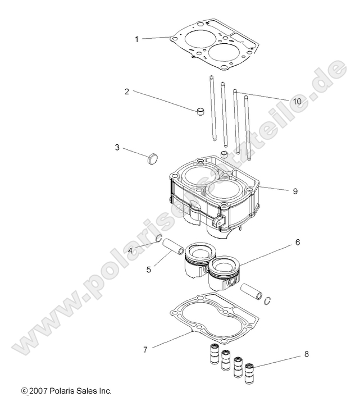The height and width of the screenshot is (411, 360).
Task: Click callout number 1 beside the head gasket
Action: point(136,39)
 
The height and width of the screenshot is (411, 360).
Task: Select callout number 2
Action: point(127,92)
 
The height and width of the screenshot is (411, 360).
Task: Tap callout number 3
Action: point(117,148)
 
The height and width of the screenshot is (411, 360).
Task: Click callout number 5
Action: point(149,269)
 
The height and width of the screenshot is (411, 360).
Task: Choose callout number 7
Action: point(145,349)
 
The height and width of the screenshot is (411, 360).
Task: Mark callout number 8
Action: point(306,354)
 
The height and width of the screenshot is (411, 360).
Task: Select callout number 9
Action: point(295,191)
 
